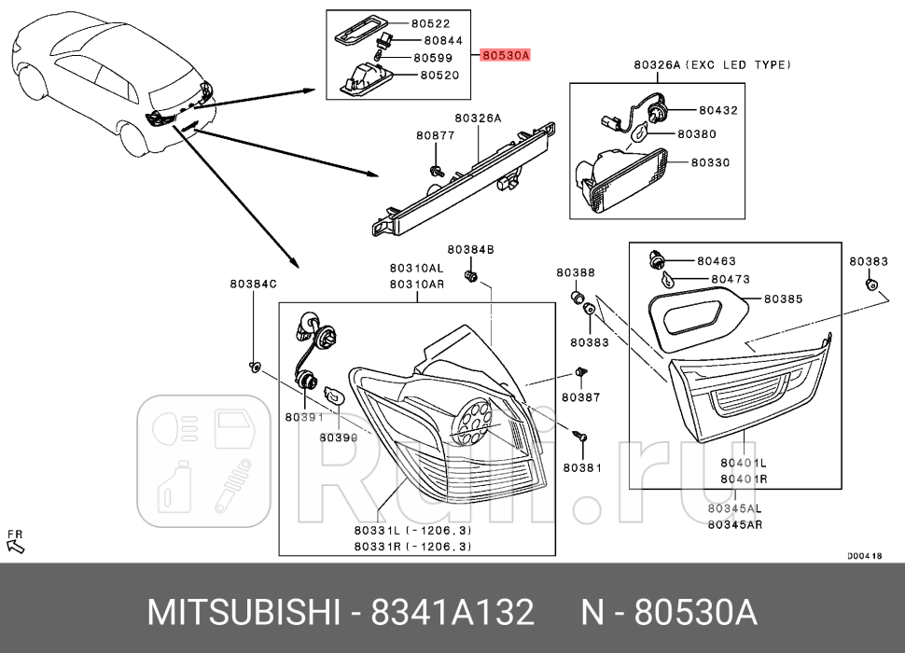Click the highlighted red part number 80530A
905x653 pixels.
(x=506, y=56)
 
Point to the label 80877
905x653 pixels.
(x=435, y=135)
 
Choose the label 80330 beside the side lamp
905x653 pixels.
(x=711, y=162)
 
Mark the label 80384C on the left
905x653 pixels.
(x=254, y=282)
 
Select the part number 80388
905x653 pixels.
(x=576, y=272)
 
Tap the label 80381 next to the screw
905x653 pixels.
(x=582, y=466)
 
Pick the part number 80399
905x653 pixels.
(x=338, y=436)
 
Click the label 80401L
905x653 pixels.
(x=743, y=463)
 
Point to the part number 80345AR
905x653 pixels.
(x=733, y=524)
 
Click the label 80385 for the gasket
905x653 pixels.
(x=784, y=299)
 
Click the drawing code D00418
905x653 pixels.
(x=864, y=555)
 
